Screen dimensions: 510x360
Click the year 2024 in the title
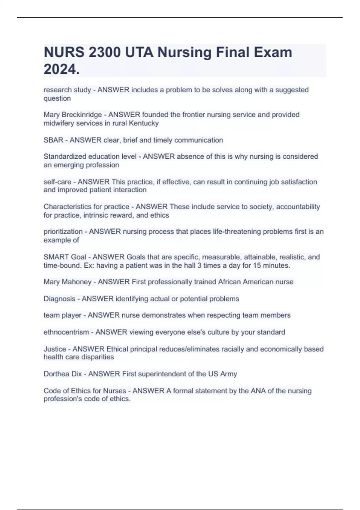point(60,69)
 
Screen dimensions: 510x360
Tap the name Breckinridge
point(82,115)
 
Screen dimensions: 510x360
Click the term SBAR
point(53,140)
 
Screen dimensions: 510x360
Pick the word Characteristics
point(67,207)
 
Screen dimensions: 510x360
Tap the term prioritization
point(63,232)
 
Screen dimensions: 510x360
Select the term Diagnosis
point(59,299)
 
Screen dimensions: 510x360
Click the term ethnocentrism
point(66,332)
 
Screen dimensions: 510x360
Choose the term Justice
point(55,349)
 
